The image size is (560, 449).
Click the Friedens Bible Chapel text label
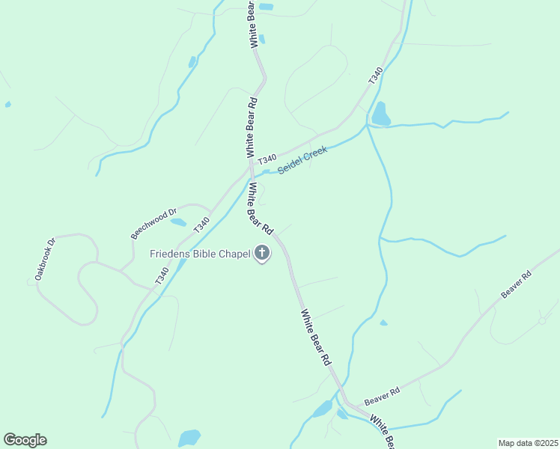[199, 254]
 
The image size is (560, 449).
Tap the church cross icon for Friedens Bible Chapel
[263, 254]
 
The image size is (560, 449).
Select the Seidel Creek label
[302, 160]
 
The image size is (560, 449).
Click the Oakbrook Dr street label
[42, 260]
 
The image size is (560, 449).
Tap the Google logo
[25, 440]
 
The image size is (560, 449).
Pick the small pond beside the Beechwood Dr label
[178, 222]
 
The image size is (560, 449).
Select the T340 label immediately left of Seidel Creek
[267, 159]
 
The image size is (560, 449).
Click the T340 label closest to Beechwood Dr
[201, 224]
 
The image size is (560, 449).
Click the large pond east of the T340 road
[381, 114]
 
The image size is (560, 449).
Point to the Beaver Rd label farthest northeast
[517, 285]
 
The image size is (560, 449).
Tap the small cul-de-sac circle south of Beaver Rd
[542, 320]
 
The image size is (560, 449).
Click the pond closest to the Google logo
[189, 437]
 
